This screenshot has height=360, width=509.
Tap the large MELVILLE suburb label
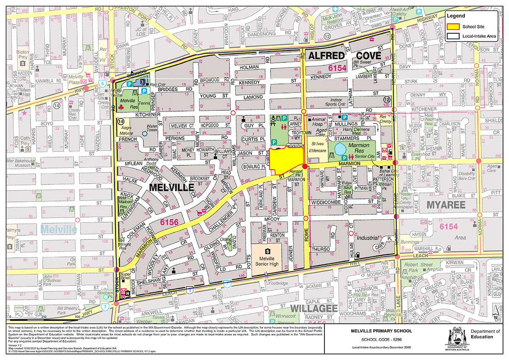[x=171, y=187]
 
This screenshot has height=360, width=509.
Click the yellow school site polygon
[x=287, y=159]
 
